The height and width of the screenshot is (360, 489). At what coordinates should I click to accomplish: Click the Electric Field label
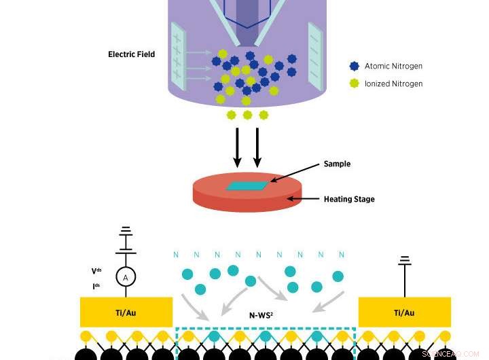(131, 54)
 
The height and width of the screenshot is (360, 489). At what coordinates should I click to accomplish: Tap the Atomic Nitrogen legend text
(393, 66)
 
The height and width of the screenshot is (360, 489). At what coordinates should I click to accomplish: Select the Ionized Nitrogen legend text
(393, 84)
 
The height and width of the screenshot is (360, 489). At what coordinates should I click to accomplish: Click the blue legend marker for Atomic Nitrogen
(353, 66)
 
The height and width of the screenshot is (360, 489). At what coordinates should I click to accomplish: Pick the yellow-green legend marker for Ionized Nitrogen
(353, 84)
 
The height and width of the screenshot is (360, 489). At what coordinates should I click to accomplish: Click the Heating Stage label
(348, 199)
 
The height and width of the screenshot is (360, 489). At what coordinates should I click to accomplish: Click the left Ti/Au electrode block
(126, 312)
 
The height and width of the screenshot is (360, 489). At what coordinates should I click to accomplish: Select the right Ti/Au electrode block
(404, 312)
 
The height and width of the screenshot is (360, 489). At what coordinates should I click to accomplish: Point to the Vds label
(96, 271)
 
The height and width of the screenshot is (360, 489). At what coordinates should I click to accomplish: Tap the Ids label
(96, 286)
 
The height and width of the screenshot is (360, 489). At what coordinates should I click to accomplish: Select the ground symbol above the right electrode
(405, 261)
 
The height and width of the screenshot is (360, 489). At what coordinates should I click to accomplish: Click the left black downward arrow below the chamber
(238, 146)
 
